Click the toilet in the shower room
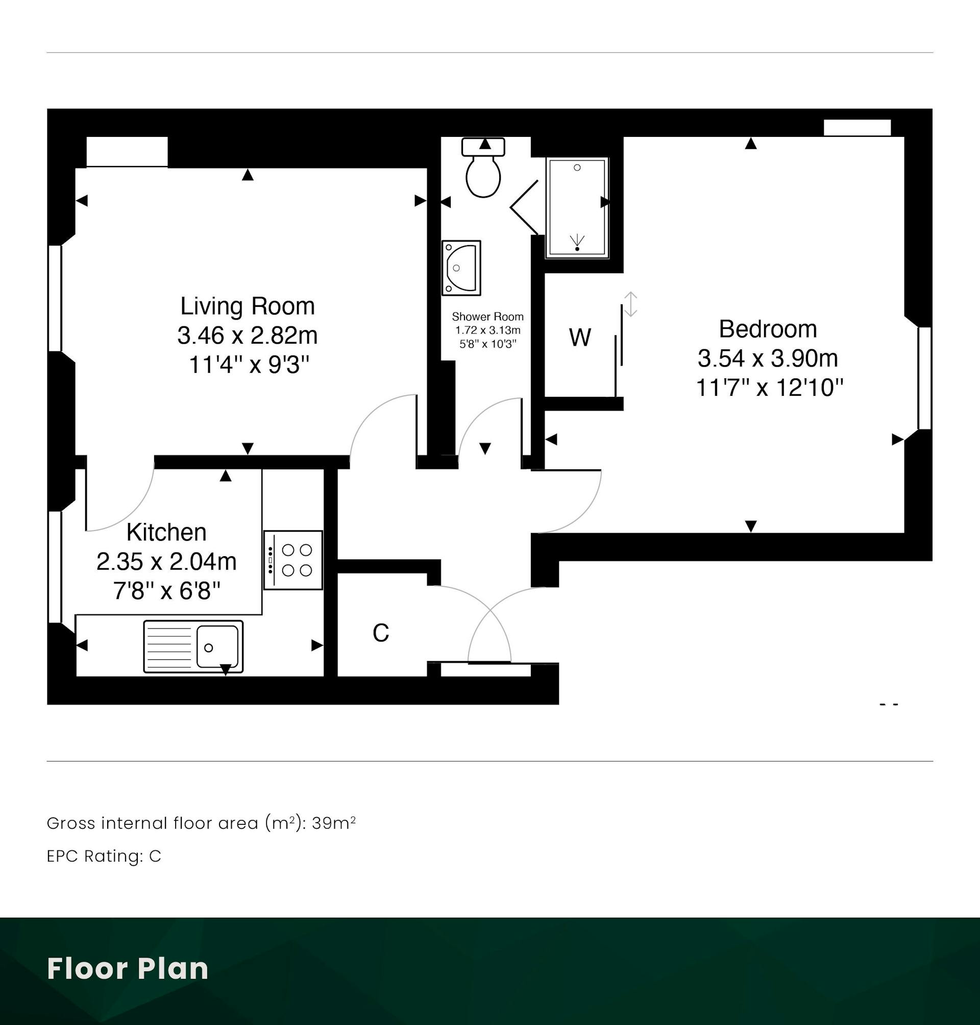(483, 168)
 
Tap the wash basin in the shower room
(461, 268)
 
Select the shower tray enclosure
(577, 208)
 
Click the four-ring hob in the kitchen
(293, 560)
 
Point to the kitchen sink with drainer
(193, 646)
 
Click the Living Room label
(248, 306)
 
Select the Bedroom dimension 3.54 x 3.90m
(768, 359)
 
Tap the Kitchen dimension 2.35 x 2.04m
(166, 562)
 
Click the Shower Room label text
(487, 316)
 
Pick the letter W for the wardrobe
(580, 338)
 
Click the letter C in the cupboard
(381, 633)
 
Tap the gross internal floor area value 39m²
(334, 823)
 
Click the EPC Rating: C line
(104, 855)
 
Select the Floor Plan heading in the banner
(128, 968)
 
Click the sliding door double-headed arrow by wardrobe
(631, 304)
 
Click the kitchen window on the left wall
(55, 567)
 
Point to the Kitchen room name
(166, 533)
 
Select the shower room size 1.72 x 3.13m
(488, 330)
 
